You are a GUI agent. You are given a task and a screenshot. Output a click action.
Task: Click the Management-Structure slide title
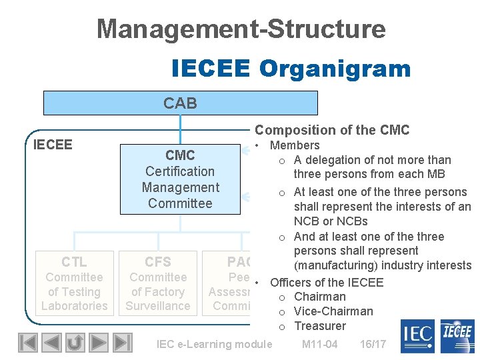tap(241, 29)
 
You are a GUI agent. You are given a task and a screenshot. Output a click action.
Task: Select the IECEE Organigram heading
tap(291, 68)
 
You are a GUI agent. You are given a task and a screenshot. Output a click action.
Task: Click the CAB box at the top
tap(180, 103)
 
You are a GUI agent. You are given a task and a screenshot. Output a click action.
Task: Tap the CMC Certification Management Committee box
tap(180, 179)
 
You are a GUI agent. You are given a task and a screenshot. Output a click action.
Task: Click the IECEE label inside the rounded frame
tap(53, 145)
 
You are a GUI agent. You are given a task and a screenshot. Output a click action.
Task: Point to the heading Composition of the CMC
tap(332, 131)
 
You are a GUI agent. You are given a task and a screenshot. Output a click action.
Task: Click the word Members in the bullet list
tap(295, 145)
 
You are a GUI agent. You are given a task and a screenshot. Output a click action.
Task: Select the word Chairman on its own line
tap(319, 297)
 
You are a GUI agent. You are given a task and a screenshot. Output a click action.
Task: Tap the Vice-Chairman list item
tap(333, 311)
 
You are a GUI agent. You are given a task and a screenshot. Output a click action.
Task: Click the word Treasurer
tap(320, 326)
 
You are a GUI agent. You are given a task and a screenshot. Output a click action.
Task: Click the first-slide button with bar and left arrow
tap(27, 343)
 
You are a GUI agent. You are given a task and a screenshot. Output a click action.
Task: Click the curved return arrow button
tap(75, 343)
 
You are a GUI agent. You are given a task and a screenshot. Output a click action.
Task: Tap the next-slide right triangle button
tap(99, 343)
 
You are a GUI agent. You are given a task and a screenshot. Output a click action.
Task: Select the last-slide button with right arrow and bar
tap(122, 343)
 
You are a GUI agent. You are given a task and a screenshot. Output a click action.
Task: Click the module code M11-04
tap(319, 344)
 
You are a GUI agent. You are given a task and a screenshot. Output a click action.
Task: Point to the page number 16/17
tap(373, 344)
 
